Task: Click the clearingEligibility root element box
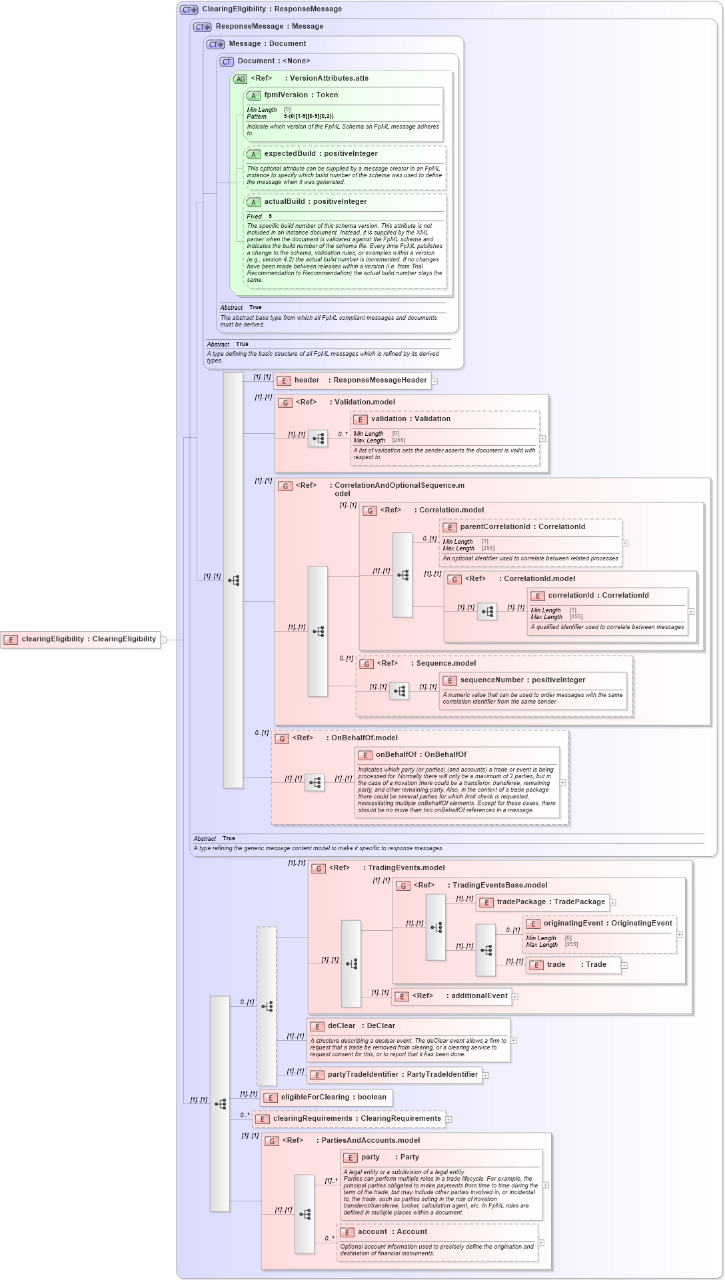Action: pyautogui.click(x=81, y=639)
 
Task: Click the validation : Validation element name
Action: pyautogui.click(x=410, y=419)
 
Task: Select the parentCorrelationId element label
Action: pyautogui.click(x=522, y=527)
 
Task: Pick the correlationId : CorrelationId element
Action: pyautogui.click(x=598, y=596)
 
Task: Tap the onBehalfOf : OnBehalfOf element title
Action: pyautogui.click(x=420, y=755)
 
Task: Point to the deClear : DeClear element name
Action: pyautogui.click(x=361, y=1026)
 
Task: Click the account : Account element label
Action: pyautogui.click(x=392, y=1232)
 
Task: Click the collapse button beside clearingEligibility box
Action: pyautogui.click(x=164, y=640)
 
